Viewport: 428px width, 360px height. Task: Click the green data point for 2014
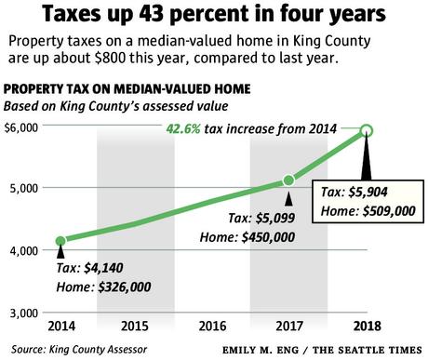pos(61,241)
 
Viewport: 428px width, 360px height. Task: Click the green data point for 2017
pos(288,180)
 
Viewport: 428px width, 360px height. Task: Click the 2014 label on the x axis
pos(61,327)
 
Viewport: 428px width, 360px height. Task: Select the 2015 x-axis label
pos(137,327)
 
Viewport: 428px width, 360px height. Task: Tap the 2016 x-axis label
pos(212,327)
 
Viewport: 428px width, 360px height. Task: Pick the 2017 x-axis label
pos(288,327)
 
